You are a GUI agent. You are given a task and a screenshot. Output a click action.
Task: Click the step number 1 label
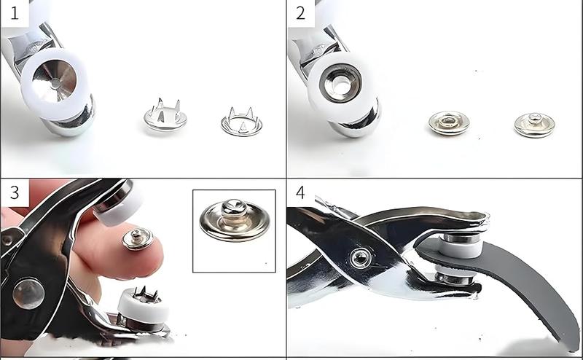pyautogui.click(x=14, y=13)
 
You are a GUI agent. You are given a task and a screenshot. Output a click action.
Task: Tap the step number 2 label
pyautogui.click(x=300, y=13)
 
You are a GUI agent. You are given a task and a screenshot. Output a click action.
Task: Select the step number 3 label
pyautogui.click(x=14, y=192)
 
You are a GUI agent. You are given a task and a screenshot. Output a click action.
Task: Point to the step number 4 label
pyautogui.click(x=300, y=192)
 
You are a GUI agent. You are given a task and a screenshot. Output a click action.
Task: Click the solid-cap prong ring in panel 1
pyautogui.click(x=165, y=115)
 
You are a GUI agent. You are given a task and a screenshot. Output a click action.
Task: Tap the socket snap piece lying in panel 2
pyautogui.click(x=449, y=122)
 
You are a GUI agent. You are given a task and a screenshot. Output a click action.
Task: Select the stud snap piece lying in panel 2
pyautogui.click(x=534, y=125)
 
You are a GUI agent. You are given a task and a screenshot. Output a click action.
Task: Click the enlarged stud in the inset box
pyautogui.click(x=234, y=220)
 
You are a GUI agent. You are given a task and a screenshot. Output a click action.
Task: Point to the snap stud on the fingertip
pyautogui.click(x=138, y=238)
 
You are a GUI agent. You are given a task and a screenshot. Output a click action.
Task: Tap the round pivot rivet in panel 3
pyautogui.click(x=28, y=294)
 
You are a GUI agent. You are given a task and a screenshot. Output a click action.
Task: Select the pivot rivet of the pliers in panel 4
pyautogui.click(x=360, y=258)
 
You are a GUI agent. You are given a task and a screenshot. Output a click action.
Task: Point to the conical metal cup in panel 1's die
pyautogui.click(x=54, y=80)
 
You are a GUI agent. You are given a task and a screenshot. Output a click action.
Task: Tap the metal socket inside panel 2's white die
pyautogui.click(x=340, y=83)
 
